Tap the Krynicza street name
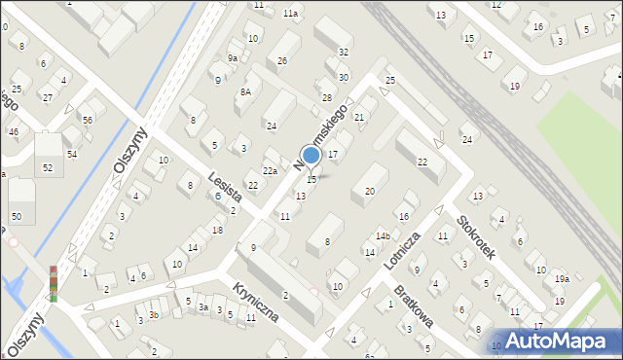(256, 302)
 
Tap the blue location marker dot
(311, 155)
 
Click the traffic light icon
(54, 283)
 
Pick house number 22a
(270, 171)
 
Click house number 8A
(246, 91)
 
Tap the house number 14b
(384, 236)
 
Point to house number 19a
(562, 279)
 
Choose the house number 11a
(290, 14)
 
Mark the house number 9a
(233, 58)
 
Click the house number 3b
(153, 315)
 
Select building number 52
(48, 167)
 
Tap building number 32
(345, 52)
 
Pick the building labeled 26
(282, 61)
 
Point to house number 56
(87, 120)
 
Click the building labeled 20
(369, 191)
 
